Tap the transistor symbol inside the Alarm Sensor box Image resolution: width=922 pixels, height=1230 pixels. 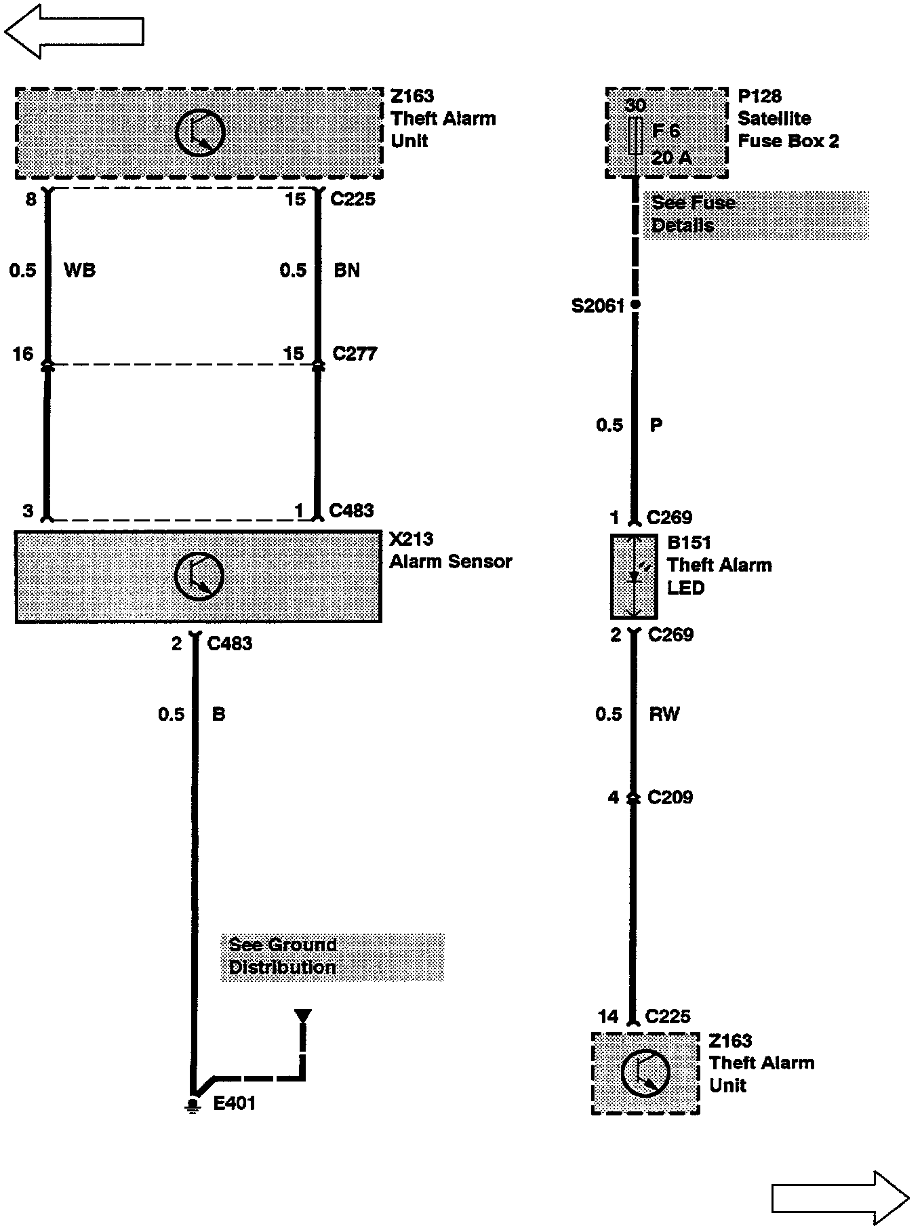coord(199,576)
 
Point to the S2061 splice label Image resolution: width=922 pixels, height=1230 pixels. coord(597,306)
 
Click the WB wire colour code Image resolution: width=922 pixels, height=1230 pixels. coord(79,271)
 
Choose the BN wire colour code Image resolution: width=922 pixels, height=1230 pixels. coord(346,271)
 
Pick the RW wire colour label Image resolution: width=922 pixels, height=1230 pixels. coord(664,714)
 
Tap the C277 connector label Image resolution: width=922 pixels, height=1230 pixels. coord(355,354)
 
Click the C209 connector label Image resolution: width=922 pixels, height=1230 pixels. coord(670,797)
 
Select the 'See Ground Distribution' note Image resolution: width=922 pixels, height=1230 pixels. coord(332,957)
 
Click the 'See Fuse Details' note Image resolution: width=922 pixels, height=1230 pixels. coord(756,214)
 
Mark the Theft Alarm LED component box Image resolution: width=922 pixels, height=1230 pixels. coord(634,576)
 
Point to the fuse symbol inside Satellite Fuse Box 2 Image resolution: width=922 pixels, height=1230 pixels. coord(635,136)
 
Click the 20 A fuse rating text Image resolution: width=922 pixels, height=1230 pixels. coord(671,158)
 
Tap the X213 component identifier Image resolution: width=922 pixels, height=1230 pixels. coord(412,539)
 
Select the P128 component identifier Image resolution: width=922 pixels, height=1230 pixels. coord(759,96)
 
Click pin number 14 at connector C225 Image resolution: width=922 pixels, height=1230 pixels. coord(608,1016)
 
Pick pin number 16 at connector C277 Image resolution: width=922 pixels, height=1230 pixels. coord(23,354)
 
